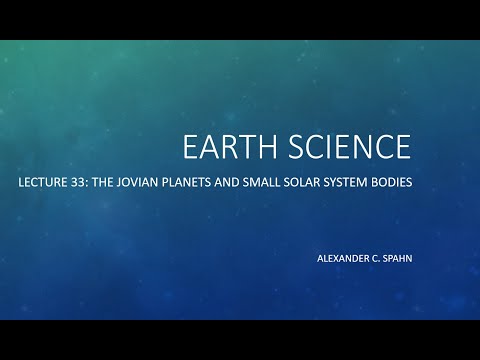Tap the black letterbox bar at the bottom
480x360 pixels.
pos(240,339)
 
